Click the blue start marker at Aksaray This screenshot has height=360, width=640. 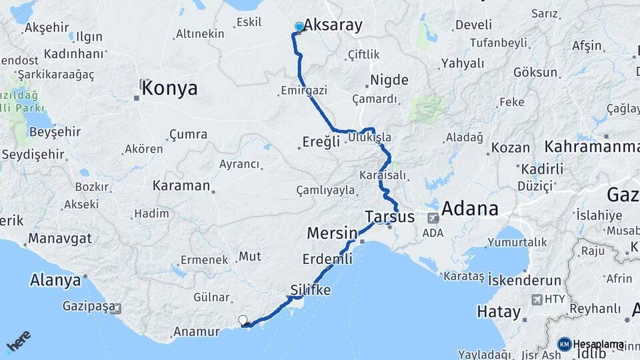coord(299,27)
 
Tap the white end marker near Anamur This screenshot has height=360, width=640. coord(243,321)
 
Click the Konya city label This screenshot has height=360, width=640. coord(169,88)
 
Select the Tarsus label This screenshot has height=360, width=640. coord(390,217)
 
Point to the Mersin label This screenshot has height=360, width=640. coord(332,234)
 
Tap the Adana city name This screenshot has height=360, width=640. coord(469,209)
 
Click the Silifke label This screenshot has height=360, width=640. coord(311,291)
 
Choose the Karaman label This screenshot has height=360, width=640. coord(181,186)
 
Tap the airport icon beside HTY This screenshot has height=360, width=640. coord(536,299)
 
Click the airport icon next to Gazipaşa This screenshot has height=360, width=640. coord(117,308)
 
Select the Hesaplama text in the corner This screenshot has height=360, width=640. coord(598,345)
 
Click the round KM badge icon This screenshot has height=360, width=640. coord(564,345)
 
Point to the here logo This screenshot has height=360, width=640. coord(18,341)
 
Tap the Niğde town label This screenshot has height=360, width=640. coord(389,81)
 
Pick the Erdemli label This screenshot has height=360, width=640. coord(327,258)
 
